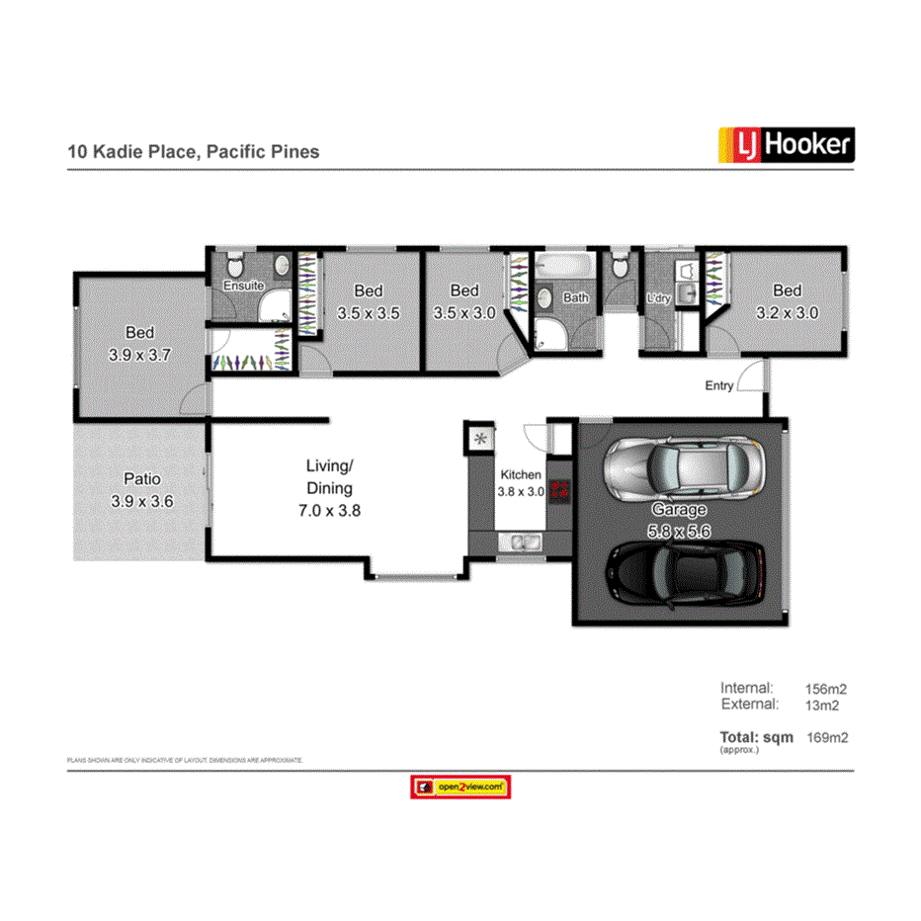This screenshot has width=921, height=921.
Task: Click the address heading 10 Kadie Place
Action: click(193, 152)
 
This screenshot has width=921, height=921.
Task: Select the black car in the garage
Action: click(685, 572)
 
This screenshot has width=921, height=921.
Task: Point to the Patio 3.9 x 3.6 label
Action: click(142, 490)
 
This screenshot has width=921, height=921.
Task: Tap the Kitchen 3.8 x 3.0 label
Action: click(521, 483)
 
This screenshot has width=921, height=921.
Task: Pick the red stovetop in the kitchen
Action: click(560, 489)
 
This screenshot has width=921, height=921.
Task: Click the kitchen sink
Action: click(520, 541)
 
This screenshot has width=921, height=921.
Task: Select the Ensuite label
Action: click(242, 286)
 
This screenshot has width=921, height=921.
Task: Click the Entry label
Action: click(718, 385)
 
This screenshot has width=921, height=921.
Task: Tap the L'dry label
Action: click(658, 297)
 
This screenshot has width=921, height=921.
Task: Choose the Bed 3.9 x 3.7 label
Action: click(139, 343)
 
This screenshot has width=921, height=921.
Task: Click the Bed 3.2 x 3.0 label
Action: click(787, 301)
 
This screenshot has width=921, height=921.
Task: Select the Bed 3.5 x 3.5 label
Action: click(368, 301)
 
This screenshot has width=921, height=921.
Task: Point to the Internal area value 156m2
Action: click(826, 689)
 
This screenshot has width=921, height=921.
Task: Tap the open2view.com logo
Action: click(460, 787)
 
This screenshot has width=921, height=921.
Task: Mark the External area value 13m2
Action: click(822, 705)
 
